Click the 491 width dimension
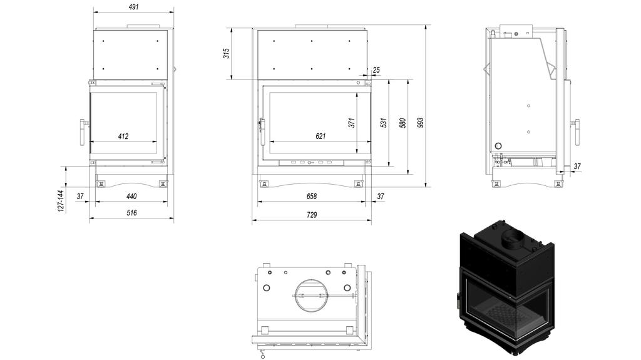(x=133, y=6)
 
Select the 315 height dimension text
(x=227, y=53)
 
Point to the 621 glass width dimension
(x=320, y=136)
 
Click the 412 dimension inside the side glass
(x=123, y=136)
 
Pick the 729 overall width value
(x=312, y=215)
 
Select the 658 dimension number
(x=312, y=196)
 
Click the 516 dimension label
(x=131, y=213)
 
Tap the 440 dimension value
(x=131, y=196)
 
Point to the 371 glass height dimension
(x=352, y=123)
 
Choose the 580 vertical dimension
(x=403, y=123)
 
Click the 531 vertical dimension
(x=384, y=123)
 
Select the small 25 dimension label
(x=376, y=69)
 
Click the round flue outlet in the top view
(x=311, y=293)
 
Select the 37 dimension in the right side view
(x=577, y=167)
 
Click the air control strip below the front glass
(x=311, y=162)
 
